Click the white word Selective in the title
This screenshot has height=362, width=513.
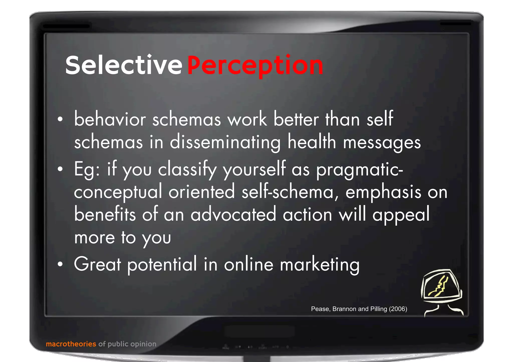[123, 65]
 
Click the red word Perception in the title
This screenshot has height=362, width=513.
[255, 66]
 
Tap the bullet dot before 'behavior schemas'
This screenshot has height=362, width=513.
[60, 119]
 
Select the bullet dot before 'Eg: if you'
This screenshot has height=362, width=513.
[60, 169]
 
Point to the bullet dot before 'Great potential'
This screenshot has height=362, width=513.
[60, 264]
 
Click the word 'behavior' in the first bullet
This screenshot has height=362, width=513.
[110, 119]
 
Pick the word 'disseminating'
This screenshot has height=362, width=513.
[225, 142]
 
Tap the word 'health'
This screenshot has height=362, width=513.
[312, 142]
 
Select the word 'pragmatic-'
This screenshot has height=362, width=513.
[359, 170]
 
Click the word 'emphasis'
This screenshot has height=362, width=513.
[383, 192]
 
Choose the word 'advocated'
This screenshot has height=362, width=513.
[233, 215]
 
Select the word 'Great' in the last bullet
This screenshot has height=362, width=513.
[98, 264]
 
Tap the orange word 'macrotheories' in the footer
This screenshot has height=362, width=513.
[71, 344]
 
